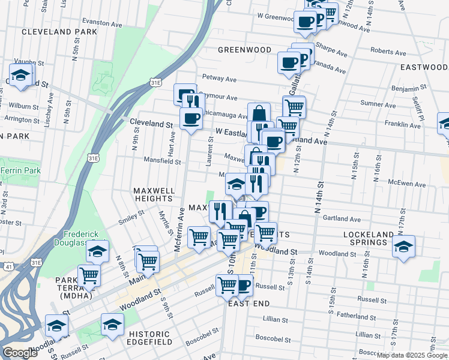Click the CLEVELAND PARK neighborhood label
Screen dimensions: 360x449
click(59, 31)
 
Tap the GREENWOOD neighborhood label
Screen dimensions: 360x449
click(244, 50)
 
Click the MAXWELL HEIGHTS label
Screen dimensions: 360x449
click(154, 195)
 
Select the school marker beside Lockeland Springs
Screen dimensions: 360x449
click(403, 246)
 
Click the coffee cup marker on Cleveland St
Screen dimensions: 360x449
click(191, 118)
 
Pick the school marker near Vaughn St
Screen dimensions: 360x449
click(22, 76)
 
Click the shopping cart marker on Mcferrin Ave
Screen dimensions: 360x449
click(199, 236)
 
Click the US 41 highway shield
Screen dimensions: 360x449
click(8, 265)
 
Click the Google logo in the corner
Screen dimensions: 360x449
click(20, 353)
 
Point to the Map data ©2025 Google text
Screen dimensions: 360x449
click(412, 355)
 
